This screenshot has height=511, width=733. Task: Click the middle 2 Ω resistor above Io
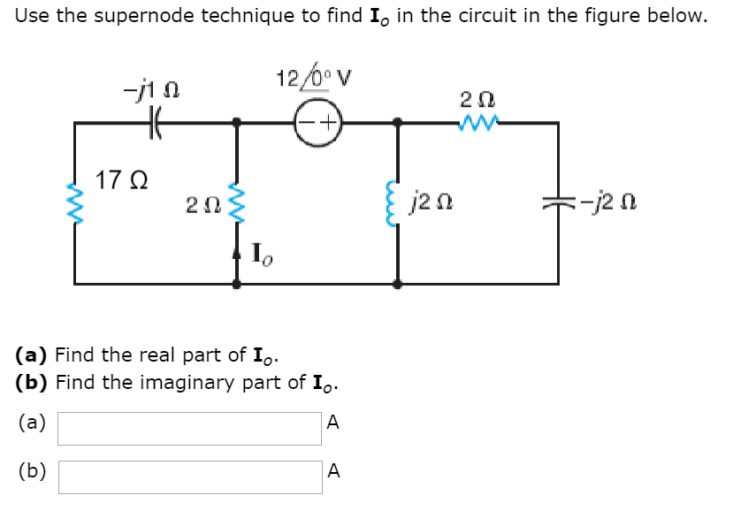(x=235, y=204)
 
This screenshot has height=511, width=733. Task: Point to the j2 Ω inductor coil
(x=397, y=206)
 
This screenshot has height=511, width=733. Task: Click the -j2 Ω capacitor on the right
(x=557, y=206)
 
